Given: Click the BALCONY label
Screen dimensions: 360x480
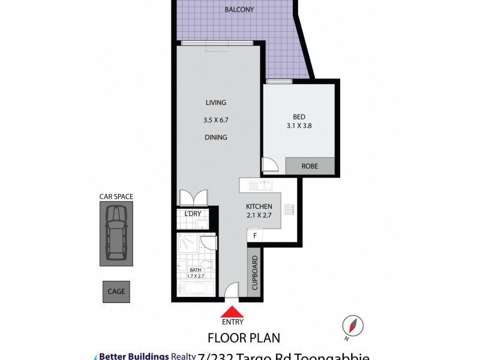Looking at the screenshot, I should click(239, 10).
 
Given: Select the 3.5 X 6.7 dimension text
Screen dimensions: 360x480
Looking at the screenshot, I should click(216, 120).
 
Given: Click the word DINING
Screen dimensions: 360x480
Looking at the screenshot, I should click(216, 137).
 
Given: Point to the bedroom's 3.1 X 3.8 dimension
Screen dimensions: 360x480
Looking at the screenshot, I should click(299, 125).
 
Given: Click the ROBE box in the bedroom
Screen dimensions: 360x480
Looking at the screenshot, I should click(309, 166).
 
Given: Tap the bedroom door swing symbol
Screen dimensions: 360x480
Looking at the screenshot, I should click(269, 164).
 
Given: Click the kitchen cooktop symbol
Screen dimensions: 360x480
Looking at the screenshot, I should click(289, 210).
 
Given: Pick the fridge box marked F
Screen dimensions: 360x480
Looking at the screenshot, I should click(255, 236).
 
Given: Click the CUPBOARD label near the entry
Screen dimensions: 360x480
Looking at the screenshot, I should click(255, 273).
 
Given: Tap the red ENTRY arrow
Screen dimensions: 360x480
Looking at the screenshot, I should click(232, 311).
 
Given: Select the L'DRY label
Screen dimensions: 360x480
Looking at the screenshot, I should click(193, 214).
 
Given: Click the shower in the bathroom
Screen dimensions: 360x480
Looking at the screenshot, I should click(189, 246).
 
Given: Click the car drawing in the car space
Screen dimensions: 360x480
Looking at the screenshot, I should click(116, 233).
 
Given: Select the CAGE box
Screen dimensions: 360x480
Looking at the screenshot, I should click(116, 292).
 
